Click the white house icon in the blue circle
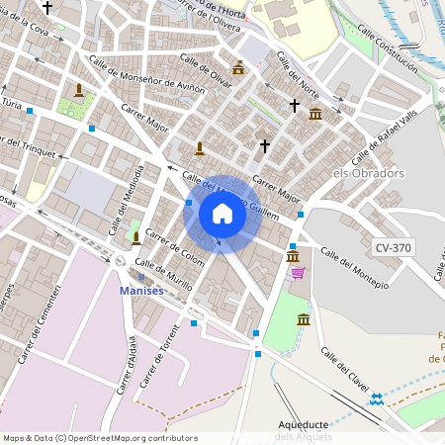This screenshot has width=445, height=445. pos(222,214)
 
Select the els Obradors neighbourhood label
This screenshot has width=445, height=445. pos(368,173)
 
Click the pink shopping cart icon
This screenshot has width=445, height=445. pos(298,273)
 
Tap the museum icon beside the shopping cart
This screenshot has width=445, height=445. pos(293,257)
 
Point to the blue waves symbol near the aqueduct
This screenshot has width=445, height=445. pos(377,399)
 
